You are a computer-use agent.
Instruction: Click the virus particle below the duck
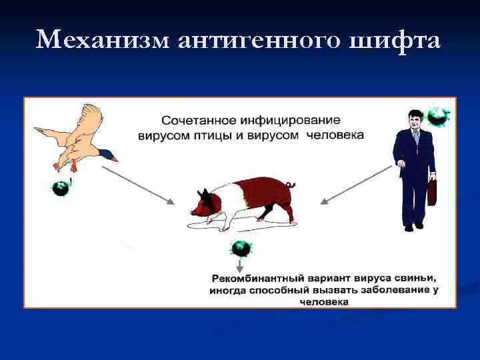click(x=62, y=187)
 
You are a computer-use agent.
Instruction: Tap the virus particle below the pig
click(x=241, y=249)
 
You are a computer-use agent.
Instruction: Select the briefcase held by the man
click(x=432, y=191)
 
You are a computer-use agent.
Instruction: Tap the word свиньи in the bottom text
click(x=421, y=278)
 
